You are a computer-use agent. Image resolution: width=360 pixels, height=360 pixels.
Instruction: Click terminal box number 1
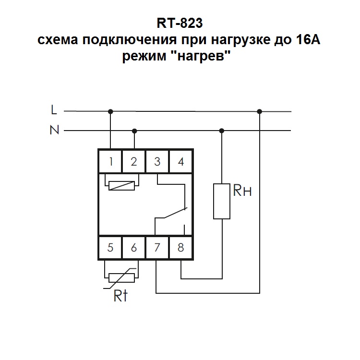(x=110, y=161)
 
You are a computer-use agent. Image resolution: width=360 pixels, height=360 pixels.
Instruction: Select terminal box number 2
(x=134, y=161)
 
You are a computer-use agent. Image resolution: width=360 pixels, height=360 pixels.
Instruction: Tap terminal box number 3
(x=157, y=161)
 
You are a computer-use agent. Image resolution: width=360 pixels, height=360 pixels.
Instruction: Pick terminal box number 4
(x=180, y=161)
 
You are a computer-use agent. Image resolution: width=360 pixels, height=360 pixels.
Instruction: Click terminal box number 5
(x=110, y=248)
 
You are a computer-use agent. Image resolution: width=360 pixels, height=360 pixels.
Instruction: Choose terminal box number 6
(x=134, y=248)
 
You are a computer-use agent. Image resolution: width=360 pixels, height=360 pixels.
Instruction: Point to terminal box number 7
(x=157, y=248)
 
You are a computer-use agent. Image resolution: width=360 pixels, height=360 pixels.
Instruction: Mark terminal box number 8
(x=180, y=248)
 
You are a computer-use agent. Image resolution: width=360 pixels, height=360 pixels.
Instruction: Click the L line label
(x=54, y=110)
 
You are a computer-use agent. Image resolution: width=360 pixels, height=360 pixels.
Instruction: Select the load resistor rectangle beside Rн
(x=222, y=201)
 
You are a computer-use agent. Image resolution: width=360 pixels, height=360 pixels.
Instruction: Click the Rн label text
(x=242, y=192)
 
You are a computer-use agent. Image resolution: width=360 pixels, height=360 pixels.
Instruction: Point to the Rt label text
(x=120, y=296)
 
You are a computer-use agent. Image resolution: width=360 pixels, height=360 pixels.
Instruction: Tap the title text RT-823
(x=180, y=23)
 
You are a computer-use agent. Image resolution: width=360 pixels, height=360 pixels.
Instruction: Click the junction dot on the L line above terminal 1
(x=111, y=111)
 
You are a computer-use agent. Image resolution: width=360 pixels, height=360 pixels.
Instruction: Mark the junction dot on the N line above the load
(x=222, y=131)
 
